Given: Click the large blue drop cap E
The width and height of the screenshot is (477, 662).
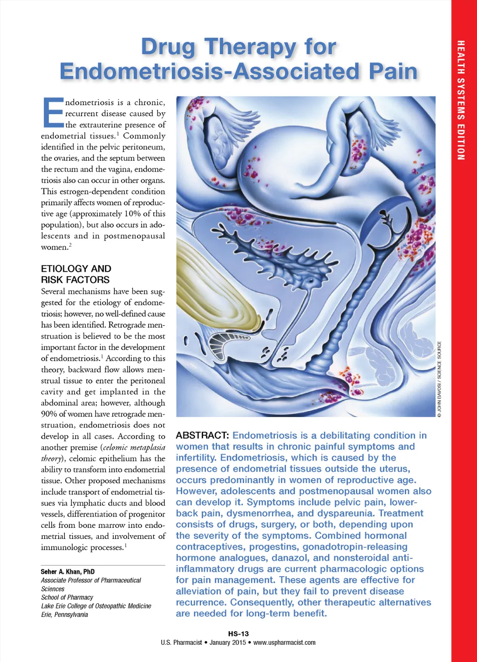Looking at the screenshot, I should click(x=52, y=112).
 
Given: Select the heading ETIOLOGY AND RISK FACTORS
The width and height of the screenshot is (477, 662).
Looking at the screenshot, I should click(x=75, y=274).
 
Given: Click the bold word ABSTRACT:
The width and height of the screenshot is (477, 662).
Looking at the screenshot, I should click(x=202, y=435).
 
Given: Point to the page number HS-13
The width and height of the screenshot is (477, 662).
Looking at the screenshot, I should click(x=238, y=634).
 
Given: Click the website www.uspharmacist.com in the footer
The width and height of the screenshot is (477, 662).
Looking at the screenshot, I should click(x=284, y=642).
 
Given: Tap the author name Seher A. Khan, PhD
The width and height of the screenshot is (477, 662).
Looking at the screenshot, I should click(x=68, y=572).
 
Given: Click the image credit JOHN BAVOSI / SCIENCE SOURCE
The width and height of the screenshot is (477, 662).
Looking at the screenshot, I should click(x=439, y=378).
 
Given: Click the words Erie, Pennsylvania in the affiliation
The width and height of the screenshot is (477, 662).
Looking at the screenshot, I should click(x=64, y=614).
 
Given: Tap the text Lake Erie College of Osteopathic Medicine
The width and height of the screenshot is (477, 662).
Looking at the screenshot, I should click(x=96, y=606).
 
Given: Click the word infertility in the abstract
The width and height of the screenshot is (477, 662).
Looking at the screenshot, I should click(x=196, y=458).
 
